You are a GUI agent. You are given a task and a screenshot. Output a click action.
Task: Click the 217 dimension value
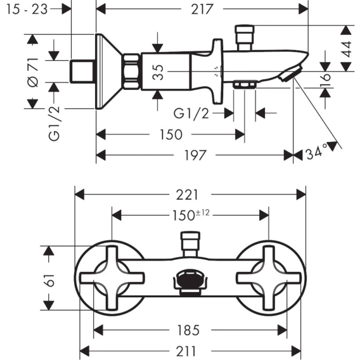pos(202,10)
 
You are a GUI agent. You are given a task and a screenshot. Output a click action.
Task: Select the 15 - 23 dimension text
pos(27,10)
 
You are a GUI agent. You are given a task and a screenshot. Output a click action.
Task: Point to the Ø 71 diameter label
pos(33,72)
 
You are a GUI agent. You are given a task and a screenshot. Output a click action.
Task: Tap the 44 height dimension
pos(347,49)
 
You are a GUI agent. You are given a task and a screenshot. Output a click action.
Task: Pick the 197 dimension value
pos(195,155)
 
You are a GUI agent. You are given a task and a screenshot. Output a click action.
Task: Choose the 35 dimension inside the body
pos(158,72)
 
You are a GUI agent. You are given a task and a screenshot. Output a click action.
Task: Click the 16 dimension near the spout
pos(325,80)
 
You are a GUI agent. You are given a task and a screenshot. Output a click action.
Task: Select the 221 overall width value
pos(187,195)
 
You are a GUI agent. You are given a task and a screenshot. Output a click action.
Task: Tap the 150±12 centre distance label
pos(191,215)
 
